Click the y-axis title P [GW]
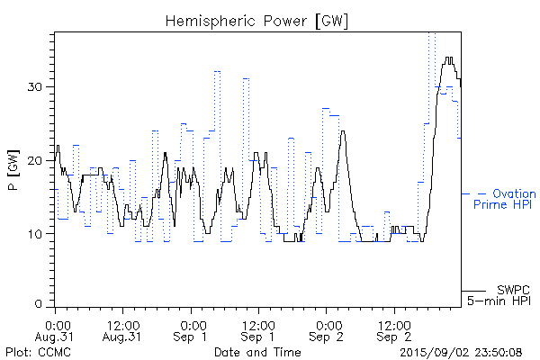(13, 168)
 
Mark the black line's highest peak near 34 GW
(448, 59)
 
